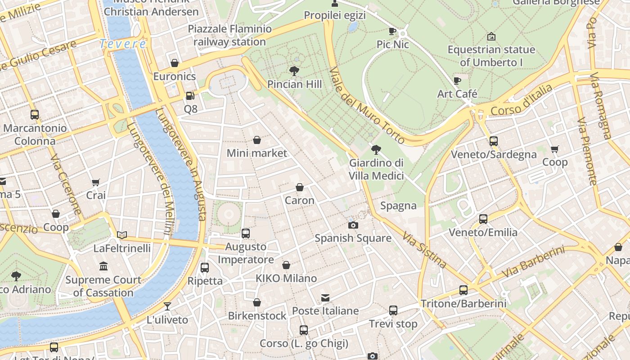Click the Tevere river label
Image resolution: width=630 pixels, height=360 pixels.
tap(123, 44)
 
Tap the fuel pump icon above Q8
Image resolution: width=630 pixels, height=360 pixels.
tap(190, 96)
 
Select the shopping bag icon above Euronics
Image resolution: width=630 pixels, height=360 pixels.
tap(175, 63)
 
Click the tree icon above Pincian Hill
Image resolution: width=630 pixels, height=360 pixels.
tap(294, 71)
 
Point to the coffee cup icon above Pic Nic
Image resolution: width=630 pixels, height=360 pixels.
tap(392, 31)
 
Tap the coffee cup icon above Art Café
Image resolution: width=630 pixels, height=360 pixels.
tap(457, 81)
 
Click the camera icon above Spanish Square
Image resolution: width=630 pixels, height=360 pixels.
tap(353, 225)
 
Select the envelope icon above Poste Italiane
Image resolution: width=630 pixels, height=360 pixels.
tap(325, 298)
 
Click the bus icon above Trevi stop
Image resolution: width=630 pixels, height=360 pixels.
tap(393, 310)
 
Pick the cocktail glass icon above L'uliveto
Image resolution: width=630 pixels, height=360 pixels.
tap(167, 306)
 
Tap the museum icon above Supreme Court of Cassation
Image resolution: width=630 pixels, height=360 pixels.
tap(103, 266)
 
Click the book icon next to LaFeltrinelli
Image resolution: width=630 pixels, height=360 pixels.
tap(122, 234)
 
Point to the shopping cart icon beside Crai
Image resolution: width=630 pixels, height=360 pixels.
tap(95, 182)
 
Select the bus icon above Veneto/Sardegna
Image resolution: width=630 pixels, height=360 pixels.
tap(494, 141)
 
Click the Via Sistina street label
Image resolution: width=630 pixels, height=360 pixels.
tap(424, 250)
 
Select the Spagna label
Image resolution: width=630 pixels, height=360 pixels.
tap(398, 206)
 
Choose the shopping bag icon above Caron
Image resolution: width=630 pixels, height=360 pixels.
tap(300, 187)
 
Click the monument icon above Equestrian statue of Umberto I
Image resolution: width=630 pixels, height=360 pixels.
tap(491, 36)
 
